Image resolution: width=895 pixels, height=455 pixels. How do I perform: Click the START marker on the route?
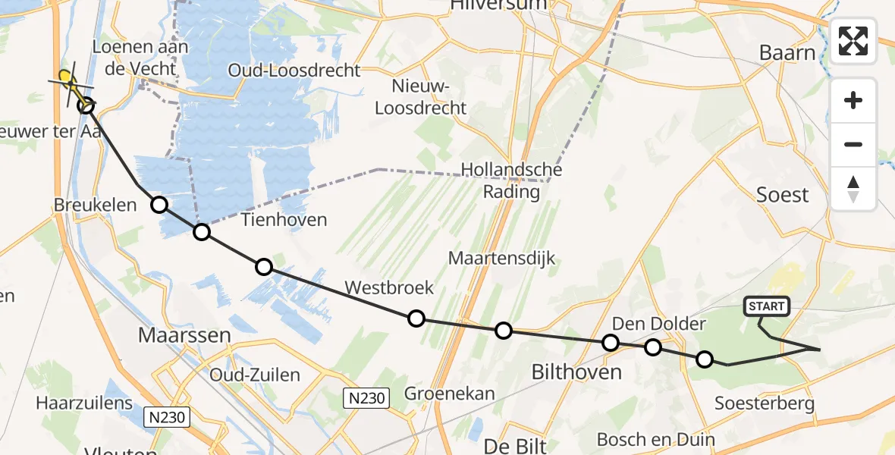[768, 306]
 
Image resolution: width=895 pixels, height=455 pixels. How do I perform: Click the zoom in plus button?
[853, 101]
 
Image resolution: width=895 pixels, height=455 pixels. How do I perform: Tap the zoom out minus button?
[853, 145]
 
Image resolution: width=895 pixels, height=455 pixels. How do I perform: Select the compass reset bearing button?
[853, 189]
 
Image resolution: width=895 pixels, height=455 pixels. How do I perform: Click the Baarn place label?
[788, 53]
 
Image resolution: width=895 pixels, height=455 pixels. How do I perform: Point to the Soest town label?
[783, 195]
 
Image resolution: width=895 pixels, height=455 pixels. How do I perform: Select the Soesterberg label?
[765, 403]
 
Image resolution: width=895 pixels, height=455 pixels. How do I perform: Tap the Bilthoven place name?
[576, 372]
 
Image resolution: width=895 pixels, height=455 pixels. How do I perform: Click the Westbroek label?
[389, 287]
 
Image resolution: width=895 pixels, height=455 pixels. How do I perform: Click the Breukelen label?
[95, 205]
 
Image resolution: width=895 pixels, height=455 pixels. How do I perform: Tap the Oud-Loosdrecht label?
[295, 71]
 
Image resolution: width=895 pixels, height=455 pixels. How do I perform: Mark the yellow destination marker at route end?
[66, 77]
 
